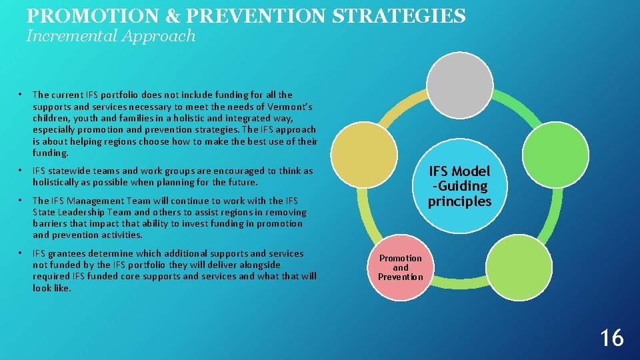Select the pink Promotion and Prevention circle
[x=401, y=267]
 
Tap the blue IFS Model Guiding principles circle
[x=459, y=187]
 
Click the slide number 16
[x=611, y=338]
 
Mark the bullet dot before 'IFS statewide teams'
[x=21, y=171]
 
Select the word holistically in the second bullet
[x=59, y=182]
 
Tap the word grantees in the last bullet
[x=71, y=253]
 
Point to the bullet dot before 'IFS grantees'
[x=21, y=253]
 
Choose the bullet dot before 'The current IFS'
[x=21, y=95]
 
